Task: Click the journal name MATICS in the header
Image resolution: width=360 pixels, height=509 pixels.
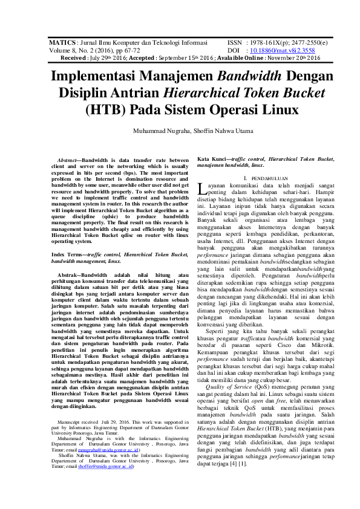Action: pos(61,44)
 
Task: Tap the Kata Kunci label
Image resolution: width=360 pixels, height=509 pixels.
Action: pos(211,158)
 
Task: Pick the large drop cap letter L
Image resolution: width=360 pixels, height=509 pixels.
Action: pos(202,190)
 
